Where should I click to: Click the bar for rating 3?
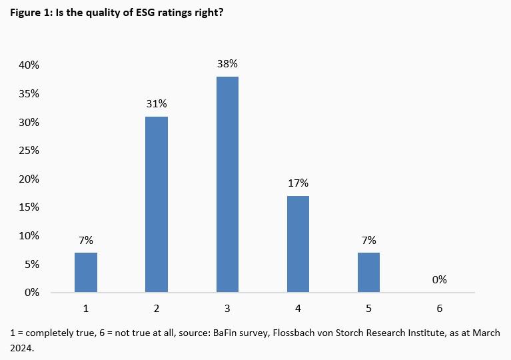coord(227,185)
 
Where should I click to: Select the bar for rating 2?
coord(156,205)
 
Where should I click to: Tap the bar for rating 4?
coord(298,244)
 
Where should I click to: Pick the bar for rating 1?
coord(85,273)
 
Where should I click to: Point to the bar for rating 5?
coord(368,273)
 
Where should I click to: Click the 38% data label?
coord(227,65)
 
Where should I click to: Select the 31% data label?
coord(157,104)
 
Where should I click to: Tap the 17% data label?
coord(298,183)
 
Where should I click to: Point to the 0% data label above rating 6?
coord(439,280)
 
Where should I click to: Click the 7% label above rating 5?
coord(368,240)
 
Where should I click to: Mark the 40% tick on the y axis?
coord(29,66)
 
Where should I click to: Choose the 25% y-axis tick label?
coord(29,151)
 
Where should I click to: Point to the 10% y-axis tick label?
coord(29,236)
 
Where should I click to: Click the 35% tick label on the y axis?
coord(29,94)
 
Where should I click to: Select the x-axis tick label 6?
coord(440,309)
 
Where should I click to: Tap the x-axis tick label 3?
coord(227,309)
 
